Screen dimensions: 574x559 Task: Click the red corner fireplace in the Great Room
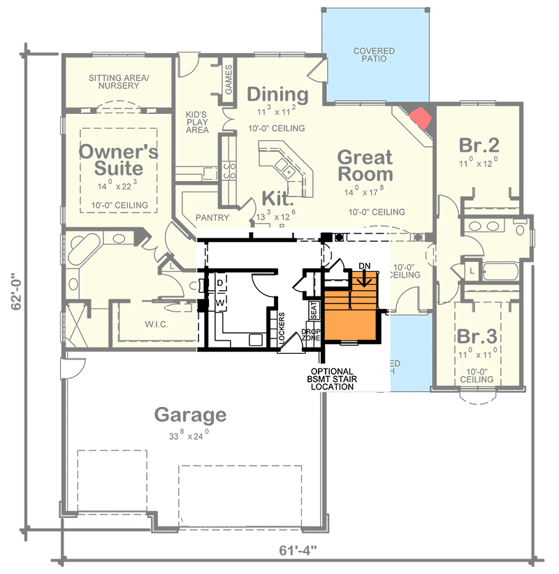(x=421, y=117)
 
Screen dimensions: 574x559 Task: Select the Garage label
(x=191, y=415)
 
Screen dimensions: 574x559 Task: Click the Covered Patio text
(x=373, y=56)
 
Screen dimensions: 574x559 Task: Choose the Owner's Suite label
(x=118, y=160)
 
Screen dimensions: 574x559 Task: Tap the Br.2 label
(x=479, y=145)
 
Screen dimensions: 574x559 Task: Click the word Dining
(x=277, y=94)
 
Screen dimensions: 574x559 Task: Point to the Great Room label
(x=365, y=165)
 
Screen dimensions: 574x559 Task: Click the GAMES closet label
(x=228, y=80)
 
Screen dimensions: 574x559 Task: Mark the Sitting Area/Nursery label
(x=119, y=82)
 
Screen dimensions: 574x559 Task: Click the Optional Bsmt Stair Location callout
(x=332, y=378)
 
